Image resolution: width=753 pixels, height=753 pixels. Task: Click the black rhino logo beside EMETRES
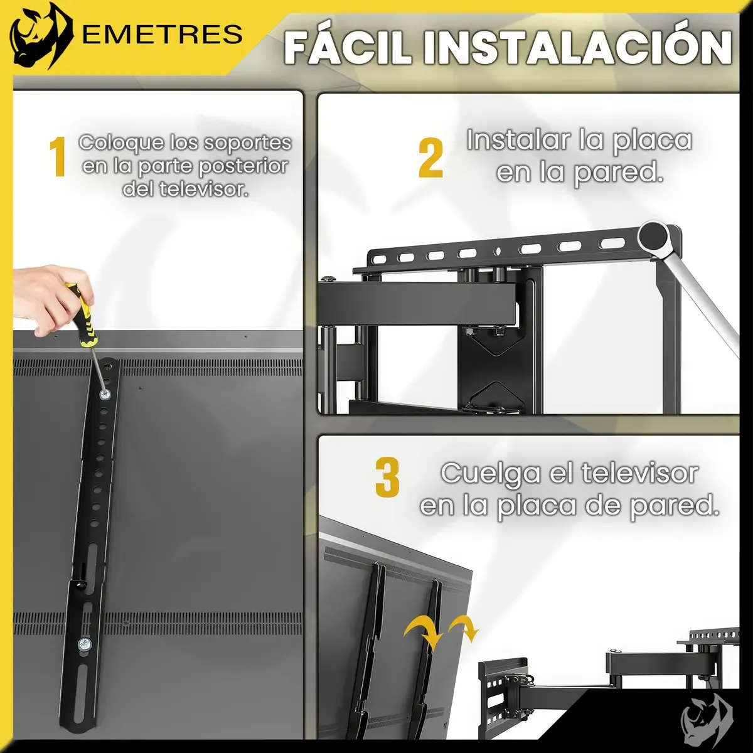coord(41,36)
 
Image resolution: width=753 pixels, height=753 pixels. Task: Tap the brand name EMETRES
coord(163,34)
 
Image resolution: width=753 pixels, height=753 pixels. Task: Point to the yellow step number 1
coord(58,156)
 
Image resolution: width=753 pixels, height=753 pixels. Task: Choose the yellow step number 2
coord(430,158)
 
